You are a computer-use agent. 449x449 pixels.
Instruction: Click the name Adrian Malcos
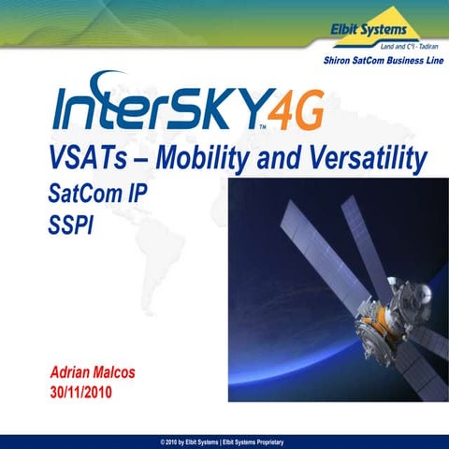92,371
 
